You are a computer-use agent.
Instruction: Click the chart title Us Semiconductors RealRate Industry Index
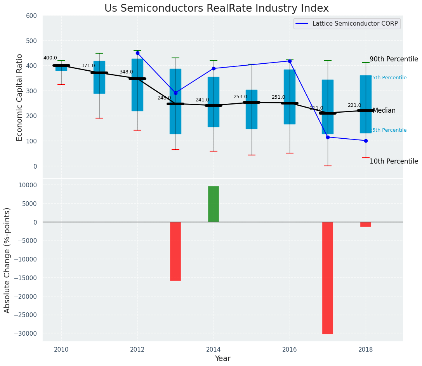(216, 9)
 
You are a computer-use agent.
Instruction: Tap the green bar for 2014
(213, 204)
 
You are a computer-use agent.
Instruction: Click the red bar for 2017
(327, 278)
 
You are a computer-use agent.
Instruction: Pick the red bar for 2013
(175, 251)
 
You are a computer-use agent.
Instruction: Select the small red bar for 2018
(365, 224)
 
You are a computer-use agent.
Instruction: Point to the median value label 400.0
(50, 58)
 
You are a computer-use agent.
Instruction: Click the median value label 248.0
(164, 98)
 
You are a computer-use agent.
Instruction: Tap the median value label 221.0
(354, 105)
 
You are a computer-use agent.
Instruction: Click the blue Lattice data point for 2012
(137, 53)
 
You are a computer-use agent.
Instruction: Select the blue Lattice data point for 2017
(328, 137)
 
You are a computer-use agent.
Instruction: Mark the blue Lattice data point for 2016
(290, 61)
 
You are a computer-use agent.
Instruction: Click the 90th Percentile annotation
(394, 59)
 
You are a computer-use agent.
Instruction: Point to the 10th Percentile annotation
(394, 161)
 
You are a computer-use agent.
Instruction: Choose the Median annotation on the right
(384, 111)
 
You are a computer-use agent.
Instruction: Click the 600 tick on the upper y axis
(31, 16)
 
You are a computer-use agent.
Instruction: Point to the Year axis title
(222, 359)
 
